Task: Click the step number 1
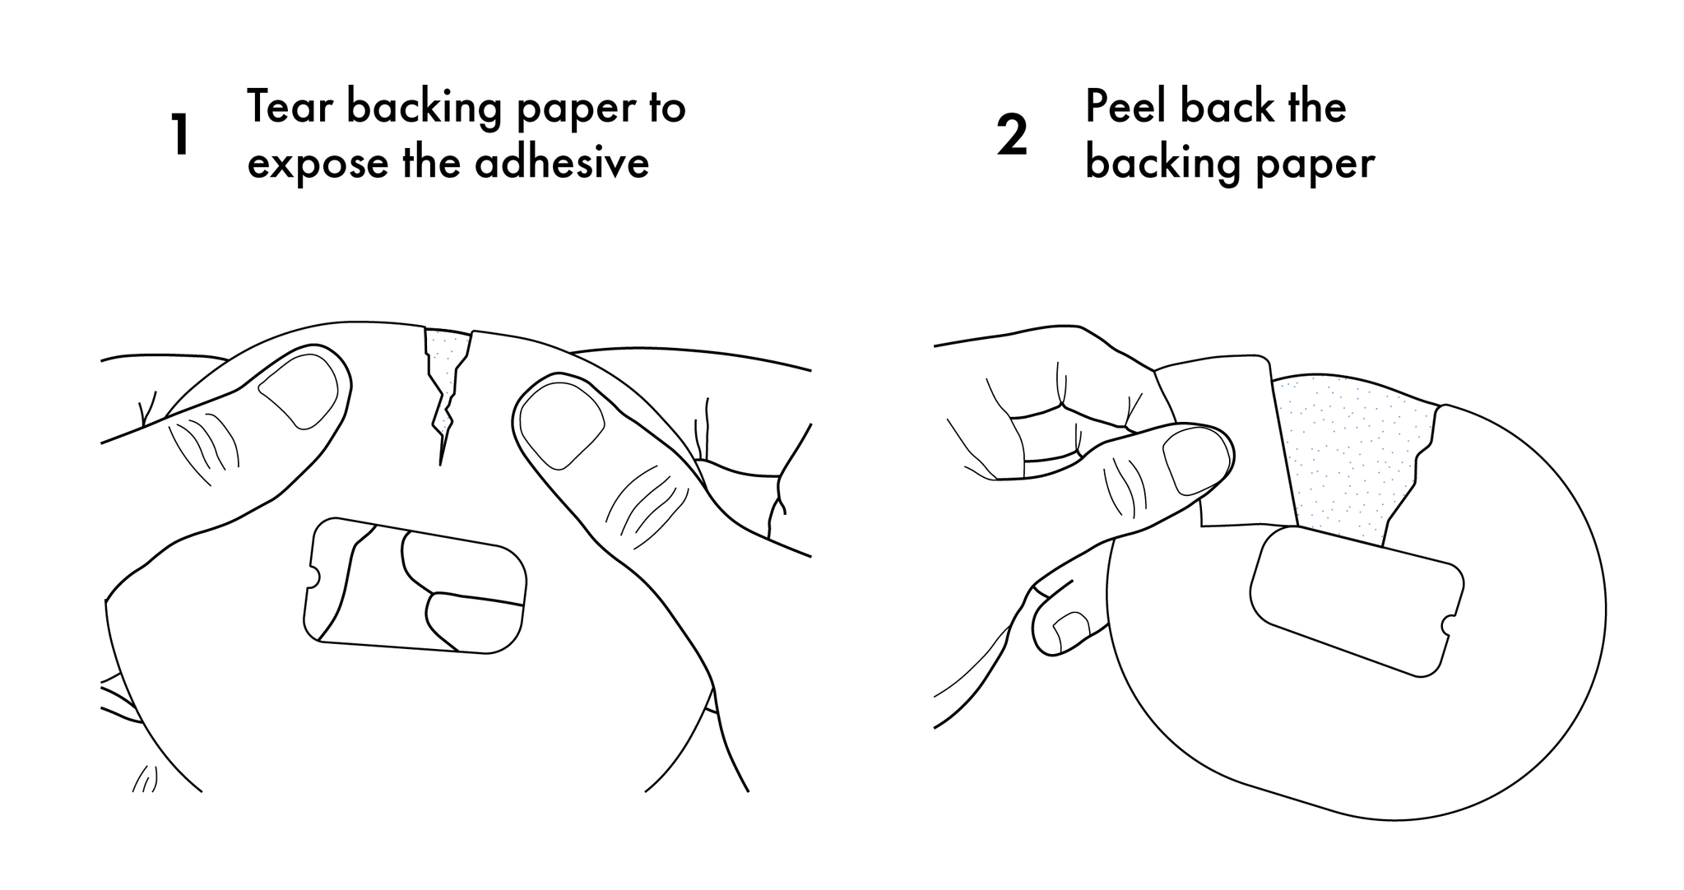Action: tap(181, 136)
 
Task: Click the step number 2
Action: tap(1012, 136)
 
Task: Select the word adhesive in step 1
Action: tap(562, 162)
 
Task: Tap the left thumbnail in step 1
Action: tap(299, 391)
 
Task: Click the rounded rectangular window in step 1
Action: tap(415, 586)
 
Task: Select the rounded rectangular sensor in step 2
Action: tap(1357, 601)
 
